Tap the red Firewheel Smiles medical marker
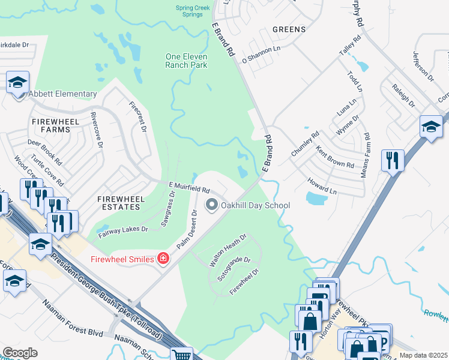(x=162, y=259)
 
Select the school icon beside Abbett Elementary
(x=18, y=82)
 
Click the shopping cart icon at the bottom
(x=181, y=354)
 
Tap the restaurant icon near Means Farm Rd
(x=393, y=160)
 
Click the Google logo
(x=20, y=353)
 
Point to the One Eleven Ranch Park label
(x=186, y=61)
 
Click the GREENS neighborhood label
(x=289, y=29)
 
